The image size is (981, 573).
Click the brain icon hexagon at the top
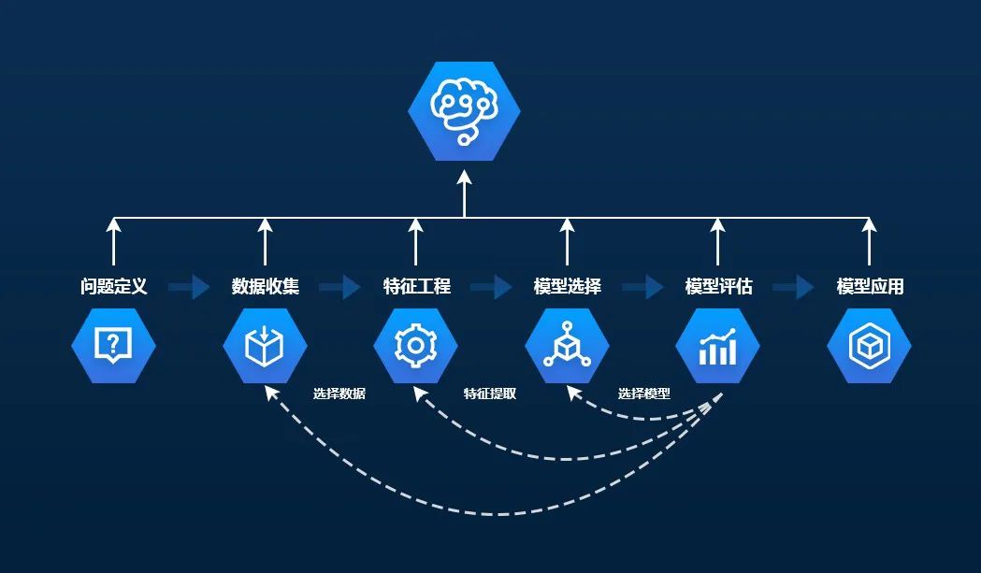pos(465,109)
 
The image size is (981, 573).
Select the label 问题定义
pos(114,286)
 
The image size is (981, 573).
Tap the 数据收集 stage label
pos(266,286)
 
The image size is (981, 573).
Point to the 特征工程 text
pos(416,286)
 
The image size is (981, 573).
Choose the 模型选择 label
pos(567,286)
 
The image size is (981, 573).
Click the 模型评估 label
pos(718,286)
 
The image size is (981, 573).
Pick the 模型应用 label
pos(870,286)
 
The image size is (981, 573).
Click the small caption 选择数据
pos(339,394)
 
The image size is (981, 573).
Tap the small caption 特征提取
pos(490,394)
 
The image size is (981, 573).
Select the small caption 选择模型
pos(643,394)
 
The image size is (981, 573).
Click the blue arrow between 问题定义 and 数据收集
pos(190,286)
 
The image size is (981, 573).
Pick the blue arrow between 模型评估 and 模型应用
pos(794,286)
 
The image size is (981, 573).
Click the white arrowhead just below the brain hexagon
pos(465,178)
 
